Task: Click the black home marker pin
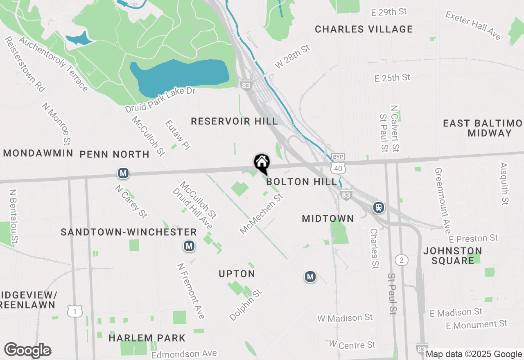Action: (x=262, y=163)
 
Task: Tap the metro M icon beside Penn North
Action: (x=123, y=173)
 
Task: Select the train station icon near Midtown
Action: (x=379, y=207)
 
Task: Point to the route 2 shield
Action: (x=402, y=260)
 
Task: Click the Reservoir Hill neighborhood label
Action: (x=234, y=121)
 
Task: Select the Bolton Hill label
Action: (x=302, y=182)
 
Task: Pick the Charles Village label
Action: (x=364, y=29)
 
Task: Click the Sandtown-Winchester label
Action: (x=129, y=232)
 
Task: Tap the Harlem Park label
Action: (x=147, y=338)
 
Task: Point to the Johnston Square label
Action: (x=452, y=255)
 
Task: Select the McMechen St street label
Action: (x=262, y=214)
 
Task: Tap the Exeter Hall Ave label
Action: (x=473, y=25)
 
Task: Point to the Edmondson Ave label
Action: (x=184, y=354)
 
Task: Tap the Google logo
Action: (x=27, y=351)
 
